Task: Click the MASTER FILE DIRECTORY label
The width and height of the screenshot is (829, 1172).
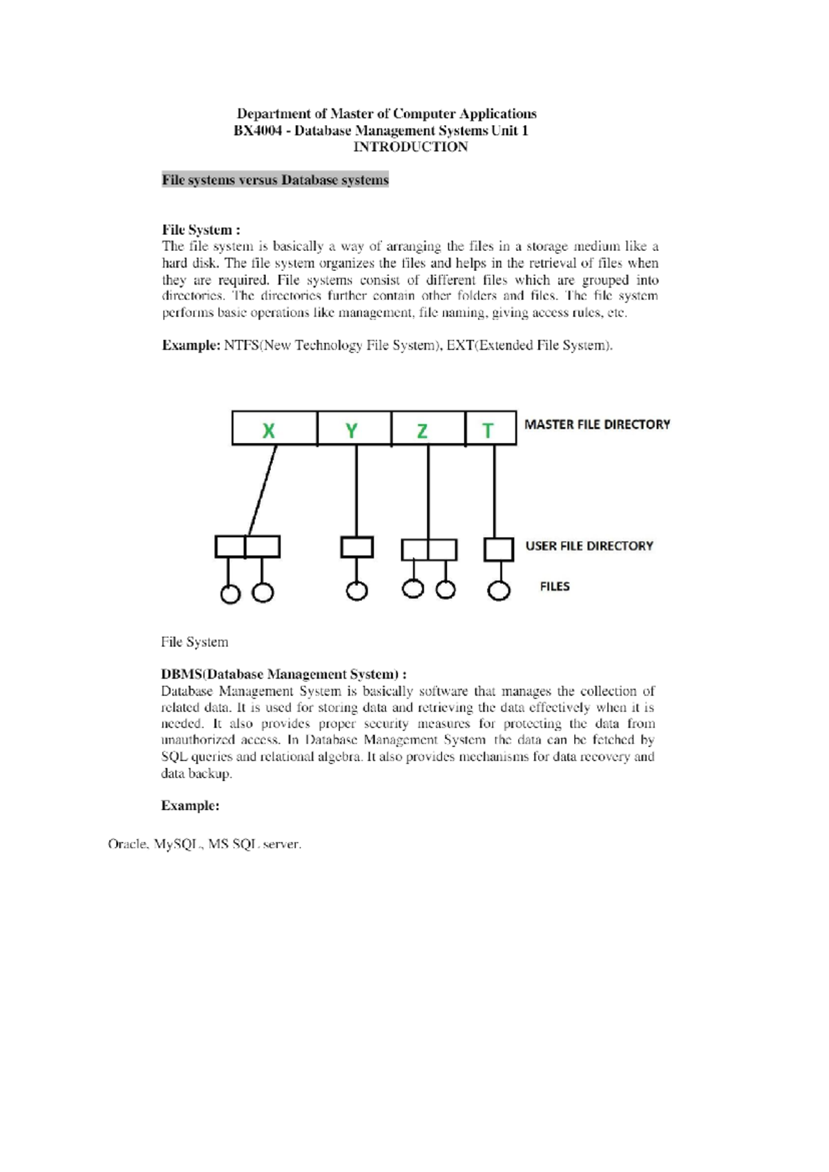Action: (597, 424)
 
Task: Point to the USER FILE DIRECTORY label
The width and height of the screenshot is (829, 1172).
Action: (589, 546)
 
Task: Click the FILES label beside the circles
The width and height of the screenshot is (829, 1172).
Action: (555, 587)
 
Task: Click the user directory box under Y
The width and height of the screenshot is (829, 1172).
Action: (356, 547)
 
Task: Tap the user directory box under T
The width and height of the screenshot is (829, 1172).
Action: (498, 549)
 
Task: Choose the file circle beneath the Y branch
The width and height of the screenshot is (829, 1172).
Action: (356, 592)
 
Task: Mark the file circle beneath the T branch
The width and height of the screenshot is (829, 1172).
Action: (499, 591)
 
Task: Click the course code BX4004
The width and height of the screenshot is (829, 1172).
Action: (258, 131)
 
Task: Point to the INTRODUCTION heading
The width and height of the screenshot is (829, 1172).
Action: (410, 146)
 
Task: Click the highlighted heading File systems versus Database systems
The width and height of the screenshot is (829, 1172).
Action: (275, 180)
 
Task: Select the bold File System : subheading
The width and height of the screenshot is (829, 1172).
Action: (201, 230)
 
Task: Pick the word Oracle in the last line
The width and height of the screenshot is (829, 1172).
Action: (127, 844)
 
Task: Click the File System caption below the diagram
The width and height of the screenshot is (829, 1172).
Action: (194, 642)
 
